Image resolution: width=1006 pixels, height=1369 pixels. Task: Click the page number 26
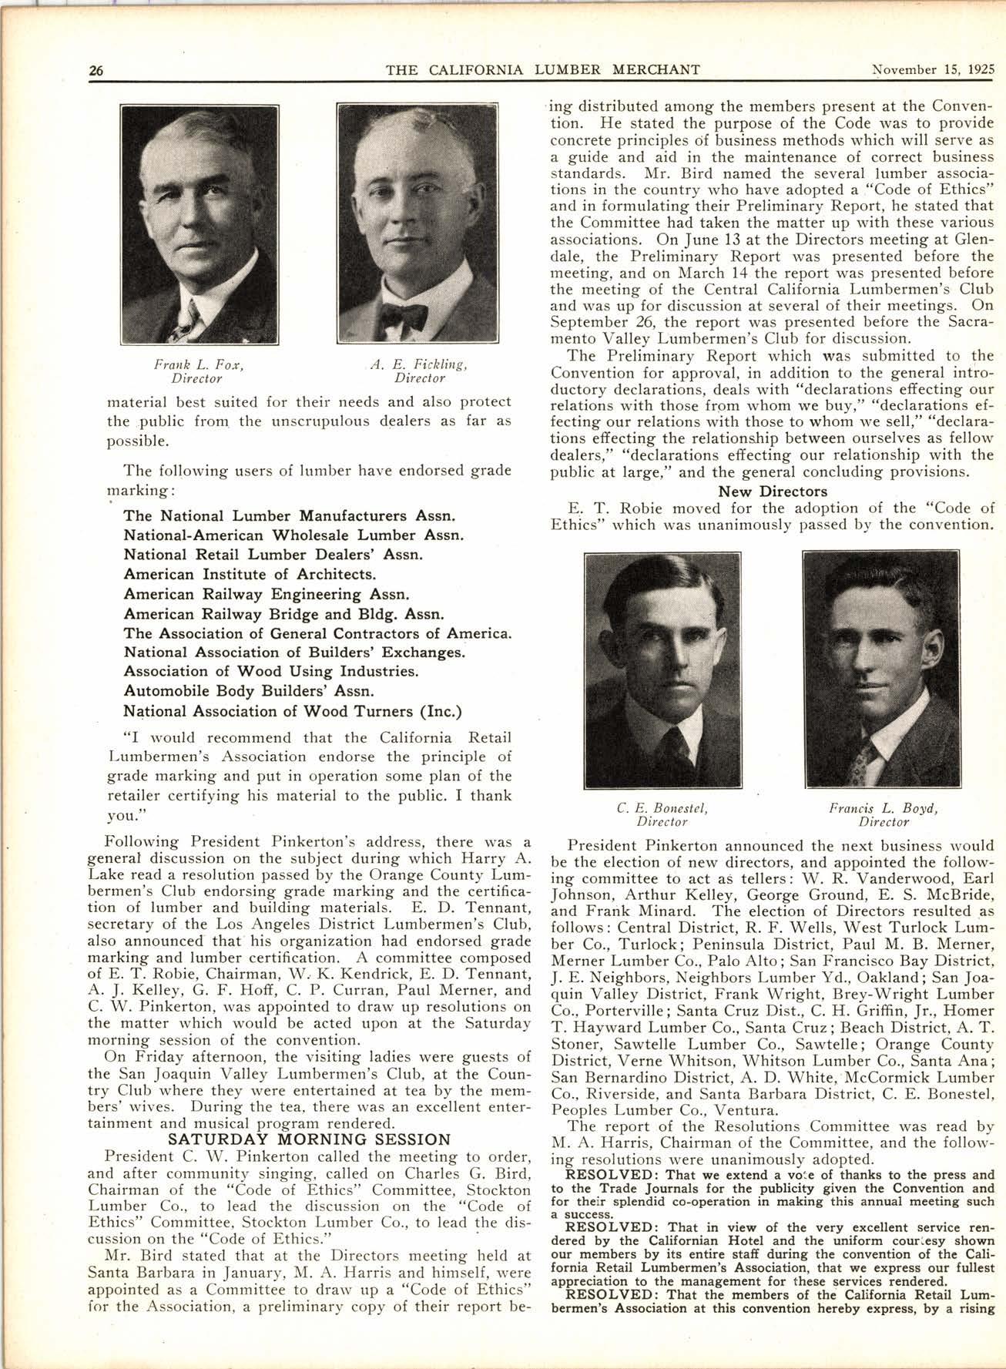(x=96, y=70)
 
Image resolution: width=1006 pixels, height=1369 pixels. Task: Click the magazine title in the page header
(x=542, y=70)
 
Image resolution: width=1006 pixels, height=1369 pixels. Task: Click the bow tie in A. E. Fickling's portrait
(x=404, y=315)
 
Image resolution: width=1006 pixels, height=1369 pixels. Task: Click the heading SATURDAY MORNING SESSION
(x=309, y=1139)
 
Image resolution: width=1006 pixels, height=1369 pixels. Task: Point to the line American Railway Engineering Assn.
(x=266, y=594)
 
